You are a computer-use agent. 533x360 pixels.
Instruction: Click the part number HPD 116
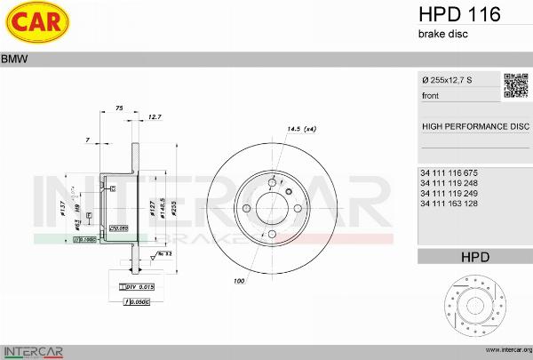pyautogui.click(x=458, y=14)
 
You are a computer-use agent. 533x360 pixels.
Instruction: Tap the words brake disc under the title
pyautogui.click(x=442, y=34)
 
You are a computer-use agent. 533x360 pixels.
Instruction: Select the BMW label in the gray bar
pyautogui.click(x=14, y=60)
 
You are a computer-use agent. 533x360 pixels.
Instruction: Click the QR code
pyautogui.click(x=516, y=85)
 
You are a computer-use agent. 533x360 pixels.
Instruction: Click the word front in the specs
pyautogui.click(x=431, y=96)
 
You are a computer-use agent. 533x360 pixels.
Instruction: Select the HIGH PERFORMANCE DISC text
pyautogui.click(x=474, y=126)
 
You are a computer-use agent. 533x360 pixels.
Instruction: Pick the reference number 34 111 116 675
pyautogui.click(x=450, y=172)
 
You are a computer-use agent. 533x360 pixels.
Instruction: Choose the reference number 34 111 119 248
pyautogui.click(x=450, y=182)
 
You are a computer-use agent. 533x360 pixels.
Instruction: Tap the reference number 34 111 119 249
pyautogui.click(x=450, y=193)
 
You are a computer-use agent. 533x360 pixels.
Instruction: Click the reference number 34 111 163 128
pyautogui.click(x=450, y=204)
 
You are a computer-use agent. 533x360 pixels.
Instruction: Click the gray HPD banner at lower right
pyautogui.click(x=474, y=257)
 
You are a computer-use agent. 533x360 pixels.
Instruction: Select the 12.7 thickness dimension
pyautogui.click(x=155, y=117)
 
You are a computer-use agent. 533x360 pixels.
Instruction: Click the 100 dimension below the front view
pyautogui.click(x=239, y=282)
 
